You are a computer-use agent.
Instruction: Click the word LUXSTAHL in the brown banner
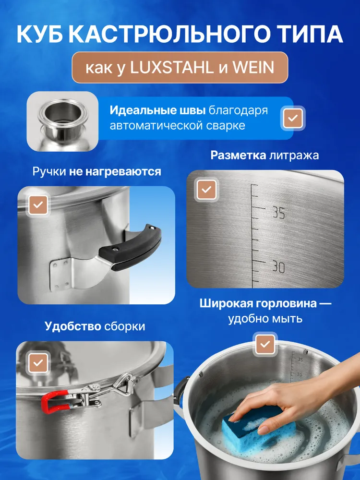pyautogui.click(x=171, y=68)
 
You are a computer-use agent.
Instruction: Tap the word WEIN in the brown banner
pyautogui.click(x=253, y=68)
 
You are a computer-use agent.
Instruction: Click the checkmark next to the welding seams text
pyautogui.click(x=293, y=118)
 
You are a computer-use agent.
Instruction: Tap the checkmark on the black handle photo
pyautogui.click(x=38, y=205)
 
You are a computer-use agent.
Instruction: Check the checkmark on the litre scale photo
pyautogui.click(x=206, y=190)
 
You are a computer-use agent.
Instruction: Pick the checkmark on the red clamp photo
pyautogui.click(x=38, y=363)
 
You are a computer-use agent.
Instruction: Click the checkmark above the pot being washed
pyautogui.click(x=265, y=344)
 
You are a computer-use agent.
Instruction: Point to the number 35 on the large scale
pyautogui.click(x=278, y=213)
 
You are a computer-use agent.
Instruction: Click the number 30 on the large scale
pyautogui.click(x=278, y=267)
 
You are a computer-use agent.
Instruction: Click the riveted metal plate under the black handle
pyautogui.click(x=60, y=274)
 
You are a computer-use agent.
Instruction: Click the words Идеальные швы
pyautogui.click(x=157, y=110)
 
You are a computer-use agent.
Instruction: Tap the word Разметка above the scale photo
pyautogui.click(x=238, y=155)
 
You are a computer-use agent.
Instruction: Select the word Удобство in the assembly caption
pyautogui.click(x=73, y=326)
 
